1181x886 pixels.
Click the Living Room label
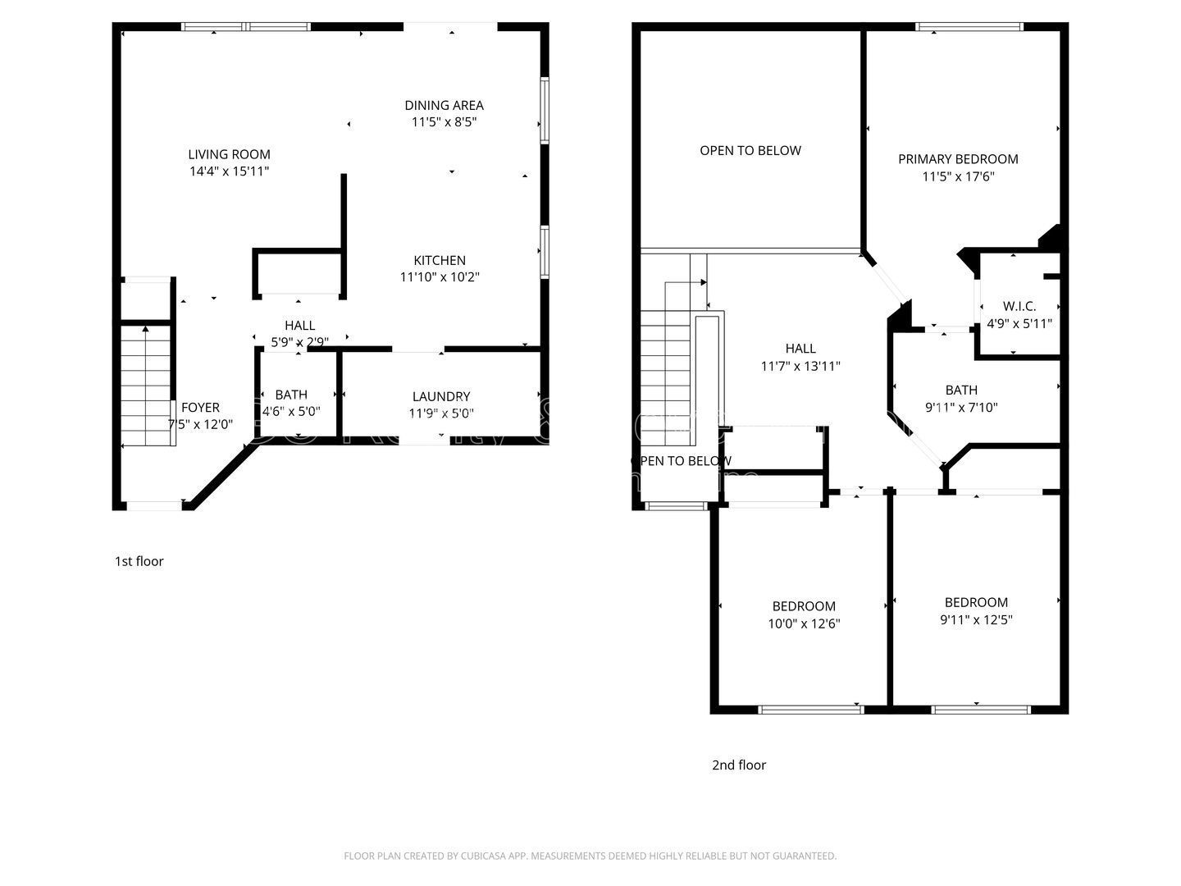(229, 154)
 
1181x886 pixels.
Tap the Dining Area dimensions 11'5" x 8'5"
(444, 122)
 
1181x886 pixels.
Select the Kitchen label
(440, 260)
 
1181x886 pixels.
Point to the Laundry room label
(441, 396)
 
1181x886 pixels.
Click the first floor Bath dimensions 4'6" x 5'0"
(291, 412)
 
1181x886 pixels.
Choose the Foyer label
(200, 407)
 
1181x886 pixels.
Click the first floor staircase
(148, 386)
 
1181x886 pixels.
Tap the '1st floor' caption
(139, 561)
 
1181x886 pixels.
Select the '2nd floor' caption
(738, 765)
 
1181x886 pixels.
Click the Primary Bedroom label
(958, 159)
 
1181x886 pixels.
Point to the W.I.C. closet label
(1019, 306)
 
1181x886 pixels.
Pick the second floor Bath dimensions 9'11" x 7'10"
(961, 407)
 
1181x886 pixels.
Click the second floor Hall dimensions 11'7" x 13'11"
(800, 367)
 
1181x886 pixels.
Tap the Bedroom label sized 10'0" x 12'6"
(804, 606)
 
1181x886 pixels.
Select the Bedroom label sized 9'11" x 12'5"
(976, 602)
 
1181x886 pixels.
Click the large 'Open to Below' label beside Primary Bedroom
(750, 150)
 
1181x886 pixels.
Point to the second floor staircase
(666, 369)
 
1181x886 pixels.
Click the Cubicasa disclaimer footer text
(590, 856)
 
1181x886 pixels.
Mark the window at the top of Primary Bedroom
(969, 27)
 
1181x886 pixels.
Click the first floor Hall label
(299, 326)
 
